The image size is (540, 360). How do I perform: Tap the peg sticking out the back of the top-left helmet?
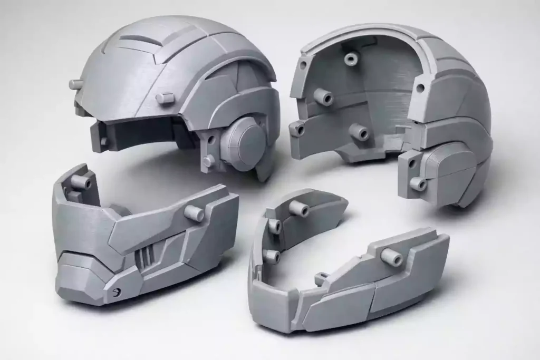pos(76,84)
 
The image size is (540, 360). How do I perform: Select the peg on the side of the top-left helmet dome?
pos(165,98)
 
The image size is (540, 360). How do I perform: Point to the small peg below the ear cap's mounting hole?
pos(209,160)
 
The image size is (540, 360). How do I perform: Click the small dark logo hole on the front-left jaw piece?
pos(116,291)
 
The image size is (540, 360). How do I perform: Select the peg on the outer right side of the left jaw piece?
pos(194,213)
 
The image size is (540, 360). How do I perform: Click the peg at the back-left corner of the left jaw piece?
pos(81,182)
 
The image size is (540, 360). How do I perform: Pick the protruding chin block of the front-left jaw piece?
pos(79,274)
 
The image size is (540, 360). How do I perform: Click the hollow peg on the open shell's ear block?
pos(418,183)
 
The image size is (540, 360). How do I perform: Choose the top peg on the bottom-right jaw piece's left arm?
pos(298,209)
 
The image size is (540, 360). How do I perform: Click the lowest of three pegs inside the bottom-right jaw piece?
pos(272,256)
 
